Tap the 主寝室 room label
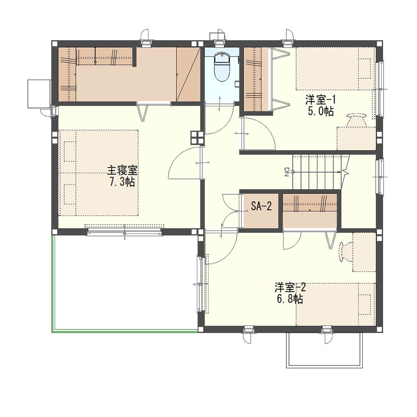(x=122, y=170)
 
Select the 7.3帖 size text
(x=122, y=182)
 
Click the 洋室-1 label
(x=320, y=100)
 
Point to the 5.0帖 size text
(x=321, y=111)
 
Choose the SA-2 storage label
(x=261, y=206)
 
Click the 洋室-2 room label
(x=290, y=287)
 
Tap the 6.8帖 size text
(x=290, y=299)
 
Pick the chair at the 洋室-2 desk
(x=346, y=251)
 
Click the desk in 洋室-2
(x=364, y=252)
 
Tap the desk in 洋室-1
(x=357, y=138)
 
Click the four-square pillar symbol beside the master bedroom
(x=197, y=138)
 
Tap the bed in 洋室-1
(x=336, y=69)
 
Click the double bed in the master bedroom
(x=98, y=173)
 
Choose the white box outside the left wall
(x=39, y=93)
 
